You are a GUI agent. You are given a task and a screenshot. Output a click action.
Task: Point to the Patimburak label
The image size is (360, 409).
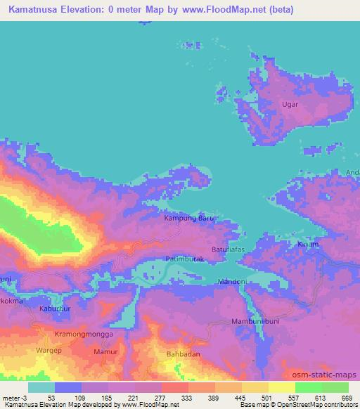[x=185, y=261]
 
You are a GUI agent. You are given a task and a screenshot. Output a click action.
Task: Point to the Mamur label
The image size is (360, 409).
[x=106, y=349]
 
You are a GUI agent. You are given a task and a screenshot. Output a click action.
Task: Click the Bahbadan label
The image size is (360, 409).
[x=183, y=356]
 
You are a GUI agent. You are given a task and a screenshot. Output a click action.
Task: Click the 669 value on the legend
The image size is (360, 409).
[x=347, y=397]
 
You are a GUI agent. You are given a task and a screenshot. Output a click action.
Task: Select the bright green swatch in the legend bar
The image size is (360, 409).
[x=309, y=387]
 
